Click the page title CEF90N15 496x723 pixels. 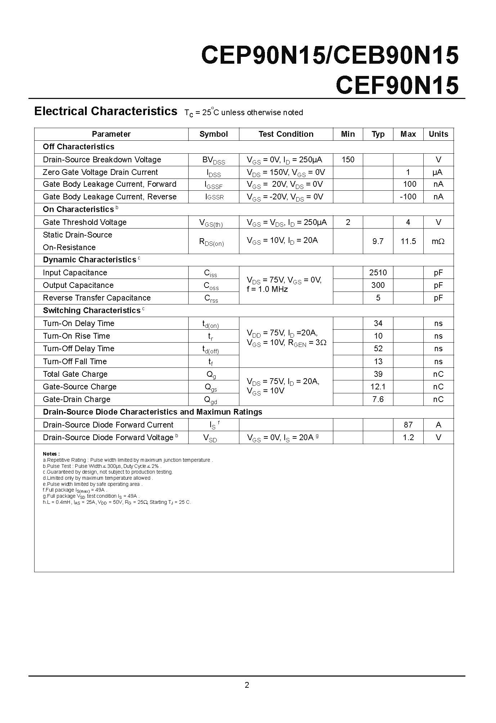[397, 85]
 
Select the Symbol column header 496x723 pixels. [213, 134]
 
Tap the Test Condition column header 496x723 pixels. [286, 134]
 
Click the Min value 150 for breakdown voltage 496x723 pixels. [348, 159]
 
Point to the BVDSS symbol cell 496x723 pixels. [213, 160]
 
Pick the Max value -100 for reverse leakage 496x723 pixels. [408, 197]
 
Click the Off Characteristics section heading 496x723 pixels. [78, 147]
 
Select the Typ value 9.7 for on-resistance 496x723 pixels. [378, 241]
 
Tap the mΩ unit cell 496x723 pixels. [438, 241]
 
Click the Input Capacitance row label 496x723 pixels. [75, 273]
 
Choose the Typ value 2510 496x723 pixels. [378, 273]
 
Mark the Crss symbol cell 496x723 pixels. [211, 298]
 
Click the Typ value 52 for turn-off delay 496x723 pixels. [378, 349]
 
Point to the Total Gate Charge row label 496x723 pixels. [75, 374]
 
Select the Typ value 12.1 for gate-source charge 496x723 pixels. [378, 387]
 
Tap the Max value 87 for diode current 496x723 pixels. [408, 425]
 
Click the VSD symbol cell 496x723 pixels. [210, 438]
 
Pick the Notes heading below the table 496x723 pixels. [51, 454]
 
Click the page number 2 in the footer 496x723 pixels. [247, 685]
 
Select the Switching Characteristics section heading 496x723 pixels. [92, 311]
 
